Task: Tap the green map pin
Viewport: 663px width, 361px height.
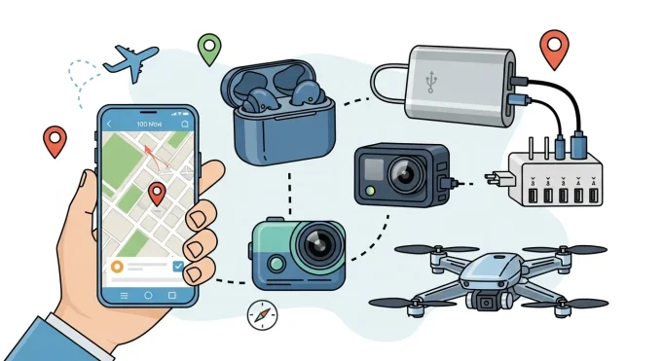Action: pos(208,47)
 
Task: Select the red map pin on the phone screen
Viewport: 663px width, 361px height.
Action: pos(156,193)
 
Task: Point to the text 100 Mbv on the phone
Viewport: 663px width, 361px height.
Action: pos(149,125)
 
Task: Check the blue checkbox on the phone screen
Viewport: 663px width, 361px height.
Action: pos(177,266)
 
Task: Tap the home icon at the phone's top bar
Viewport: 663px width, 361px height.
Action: pos(185,125)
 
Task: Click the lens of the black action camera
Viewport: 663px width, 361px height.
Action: pos(405,175)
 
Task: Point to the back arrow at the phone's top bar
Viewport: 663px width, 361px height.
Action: pos(110,125)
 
